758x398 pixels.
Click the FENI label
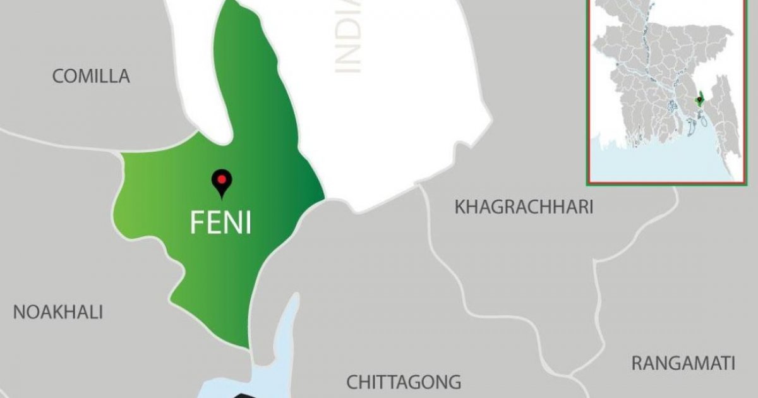coord(221,223)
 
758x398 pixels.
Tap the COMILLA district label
coord(91,76)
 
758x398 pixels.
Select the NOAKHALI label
coord(58,312)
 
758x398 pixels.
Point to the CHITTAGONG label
coord(404,382)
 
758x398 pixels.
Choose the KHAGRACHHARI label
coord(524,207)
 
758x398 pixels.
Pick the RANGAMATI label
coord(683,363)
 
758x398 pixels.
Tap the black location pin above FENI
coord(221,183)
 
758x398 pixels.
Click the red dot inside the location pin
coord(221,179)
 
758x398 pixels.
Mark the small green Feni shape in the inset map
coord(699,100)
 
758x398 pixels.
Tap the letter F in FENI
coord(197,223)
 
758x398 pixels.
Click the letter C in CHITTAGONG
coord(352,382)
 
